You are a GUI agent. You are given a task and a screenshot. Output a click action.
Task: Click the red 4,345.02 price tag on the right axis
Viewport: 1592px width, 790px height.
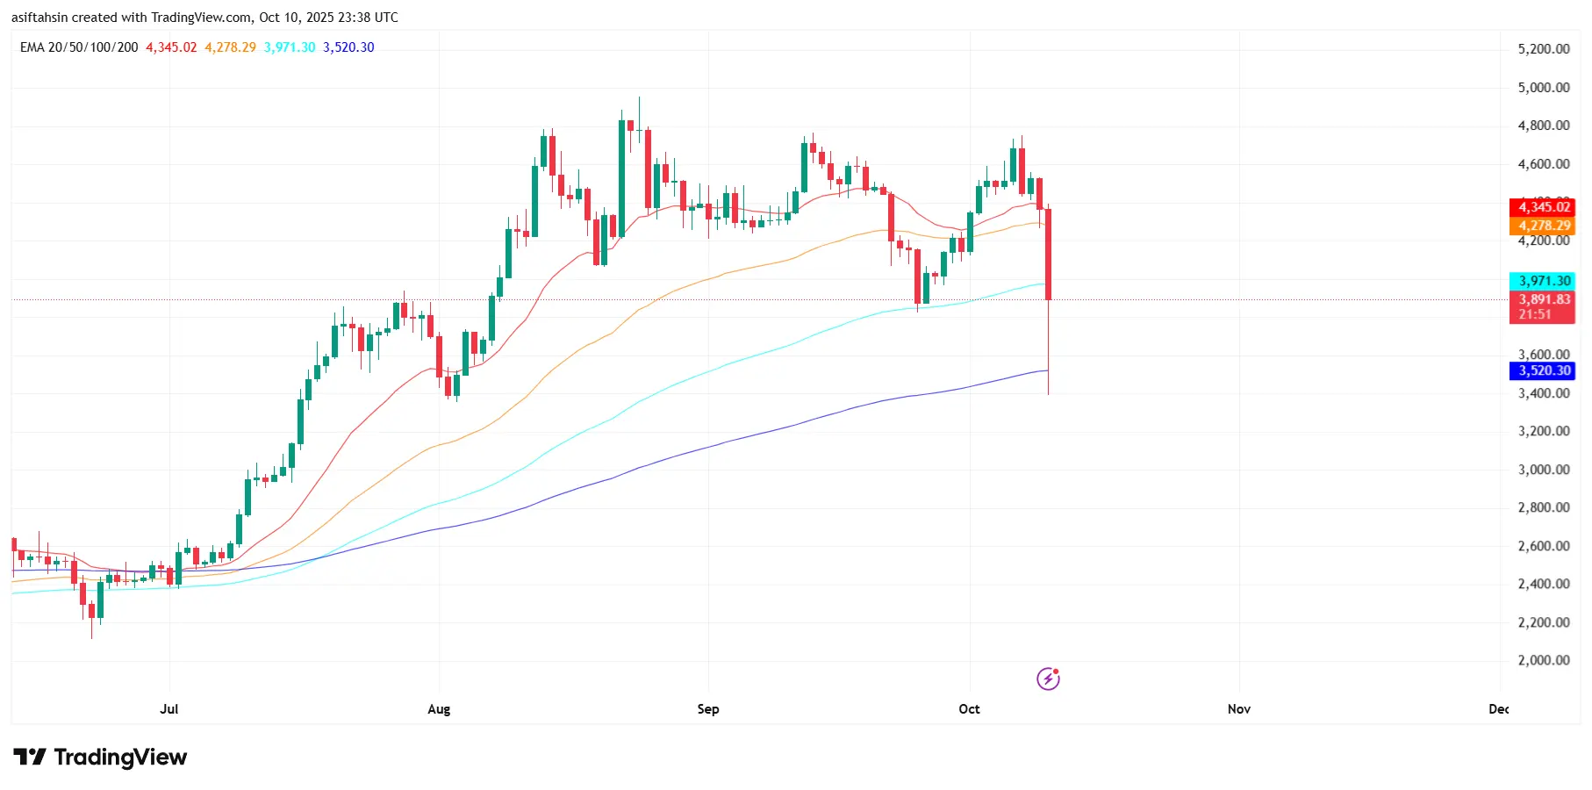(x=1542, y=207)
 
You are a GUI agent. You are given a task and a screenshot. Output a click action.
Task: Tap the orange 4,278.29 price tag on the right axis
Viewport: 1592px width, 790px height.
(x=1542, y=226)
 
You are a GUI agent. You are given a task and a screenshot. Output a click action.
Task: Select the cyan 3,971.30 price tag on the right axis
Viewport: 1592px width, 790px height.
(x=1542, y=281)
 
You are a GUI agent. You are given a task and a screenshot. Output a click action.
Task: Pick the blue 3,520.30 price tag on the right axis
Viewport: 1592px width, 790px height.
(x=1542, y=370)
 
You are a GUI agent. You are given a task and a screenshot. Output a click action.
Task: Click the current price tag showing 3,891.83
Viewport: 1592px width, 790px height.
(x=1542, y=300)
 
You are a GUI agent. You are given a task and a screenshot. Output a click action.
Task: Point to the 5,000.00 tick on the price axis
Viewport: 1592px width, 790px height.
(x=1543, y=88)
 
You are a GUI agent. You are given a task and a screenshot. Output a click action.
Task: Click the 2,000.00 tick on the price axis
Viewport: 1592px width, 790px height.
(x=1543, y=661)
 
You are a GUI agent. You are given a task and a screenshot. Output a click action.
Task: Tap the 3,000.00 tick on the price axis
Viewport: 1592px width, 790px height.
(x=1543, y=470)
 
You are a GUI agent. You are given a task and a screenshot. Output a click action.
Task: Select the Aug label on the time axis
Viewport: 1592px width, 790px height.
(x=439, y=709)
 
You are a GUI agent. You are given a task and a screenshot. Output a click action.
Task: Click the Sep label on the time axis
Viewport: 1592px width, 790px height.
(x=708, y=709)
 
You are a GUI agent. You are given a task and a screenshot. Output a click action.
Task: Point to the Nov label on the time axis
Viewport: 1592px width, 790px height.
(x=1238, y=709)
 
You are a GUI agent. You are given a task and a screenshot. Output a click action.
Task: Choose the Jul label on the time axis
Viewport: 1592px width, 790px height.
(x=169, y=709)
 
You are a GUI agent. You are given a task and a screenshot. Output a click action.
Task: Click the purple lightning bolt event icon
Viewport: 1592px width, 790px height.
(x=1048, y=679)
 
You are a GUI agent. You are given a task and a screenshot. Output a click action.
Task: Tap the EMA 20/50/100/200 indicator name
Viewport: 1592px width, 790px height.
(x=79, y=47)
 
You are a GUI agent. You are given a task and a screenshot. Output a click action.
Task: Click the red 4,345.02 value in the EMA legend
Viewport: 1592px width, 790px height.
(x=171, y=47)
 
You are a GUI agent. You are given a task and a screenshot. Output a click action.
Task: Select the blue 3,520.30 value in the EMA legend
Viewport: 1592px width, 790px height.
(x=348, y=47)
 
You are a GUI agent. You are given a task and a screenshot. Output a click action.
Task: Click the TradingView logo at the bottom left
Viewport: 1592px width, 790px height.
(x=100, y=758)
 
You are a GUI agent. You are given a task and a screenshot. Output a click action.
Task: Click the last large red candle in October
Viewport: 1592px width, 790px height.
(x=1049, y=255)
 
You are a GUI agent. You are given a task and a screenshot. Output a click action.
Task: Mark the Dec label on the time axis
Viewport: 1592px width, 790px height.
(x=1498, y=709)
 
